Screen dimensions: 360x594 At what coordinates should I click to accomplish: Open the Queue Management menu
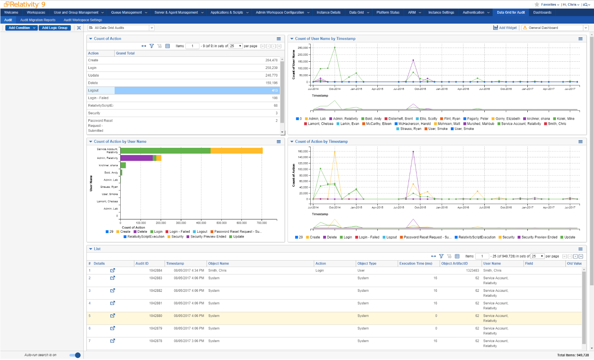(128, 13)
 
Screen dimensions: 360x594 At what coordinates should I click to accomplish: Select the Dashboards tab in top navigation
(542, 13)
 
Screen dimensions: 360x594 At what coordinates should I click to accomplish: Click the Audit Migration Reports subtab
(38, 20)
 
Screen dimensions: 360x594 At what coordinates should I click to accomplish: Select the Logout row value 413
(274, 91)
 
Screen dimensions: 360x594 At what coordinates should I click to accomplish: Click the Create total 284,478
(271, 61)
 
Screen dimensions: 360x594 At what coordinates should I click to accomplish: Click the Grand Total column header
(125, 53)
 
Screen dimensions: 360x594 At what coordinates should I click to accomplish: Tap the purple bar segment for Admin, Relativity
(136, 158)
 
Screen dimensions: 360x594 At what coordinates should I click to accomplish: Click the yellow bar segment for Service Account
(236, 151)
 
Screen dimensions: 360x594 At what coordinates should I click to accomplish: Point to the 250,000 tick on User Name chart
(303, 48)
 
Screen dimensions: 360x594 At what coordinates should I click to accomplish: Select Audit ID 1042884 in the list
(155, 271)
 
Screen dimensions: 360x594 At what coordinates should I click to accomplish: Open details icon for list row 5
(113, 316)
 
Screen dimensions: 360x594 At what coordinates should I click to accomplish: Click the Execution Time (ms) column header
(415, 264)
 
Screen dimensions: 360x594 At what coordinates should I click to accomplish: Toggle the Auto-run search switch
(75, 355)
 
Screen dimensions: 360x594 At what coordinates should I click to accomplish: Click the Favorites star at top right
(537, 5)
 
